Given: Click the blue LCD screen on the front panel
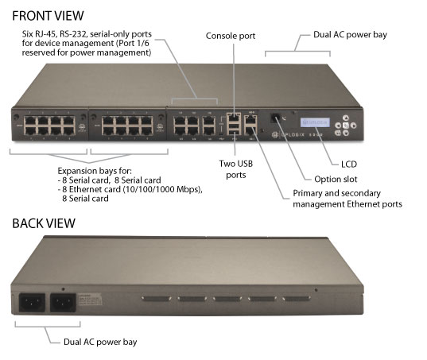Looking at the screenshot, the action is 315,122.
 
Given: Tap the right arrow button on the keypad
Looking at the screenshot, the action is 353,126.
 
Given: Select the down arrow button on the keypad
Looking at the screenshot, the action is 346,133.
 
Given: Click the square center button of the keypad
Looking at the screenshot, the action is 346,126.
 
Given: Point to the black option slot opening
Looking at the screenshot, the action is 275,118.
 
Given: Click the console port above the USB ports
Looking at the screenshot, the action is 234,118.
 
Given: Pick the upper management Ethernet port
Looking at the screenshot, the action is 250,119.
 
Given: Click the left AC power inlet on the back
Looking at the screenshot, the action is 32,302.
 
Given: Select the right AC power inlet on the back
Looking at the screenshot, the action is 63,302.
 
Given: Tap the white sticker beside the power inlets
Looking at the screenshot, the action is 90,299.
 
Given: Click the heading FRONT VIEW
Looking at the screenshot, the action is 48,16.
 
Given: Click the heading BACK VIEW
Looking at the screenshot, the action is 44,223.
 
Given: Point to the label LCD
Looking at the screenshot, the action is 349,164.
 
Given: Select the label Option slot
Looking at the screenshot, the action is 336,179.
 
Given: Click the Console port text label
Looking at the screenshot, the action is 231,36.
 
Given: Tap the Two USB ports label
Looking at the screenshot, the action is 236,169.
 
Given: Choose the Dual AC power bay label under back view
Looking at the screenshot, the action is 100,342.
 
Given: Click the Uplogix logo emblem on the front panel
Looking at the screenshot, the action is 275,134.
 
